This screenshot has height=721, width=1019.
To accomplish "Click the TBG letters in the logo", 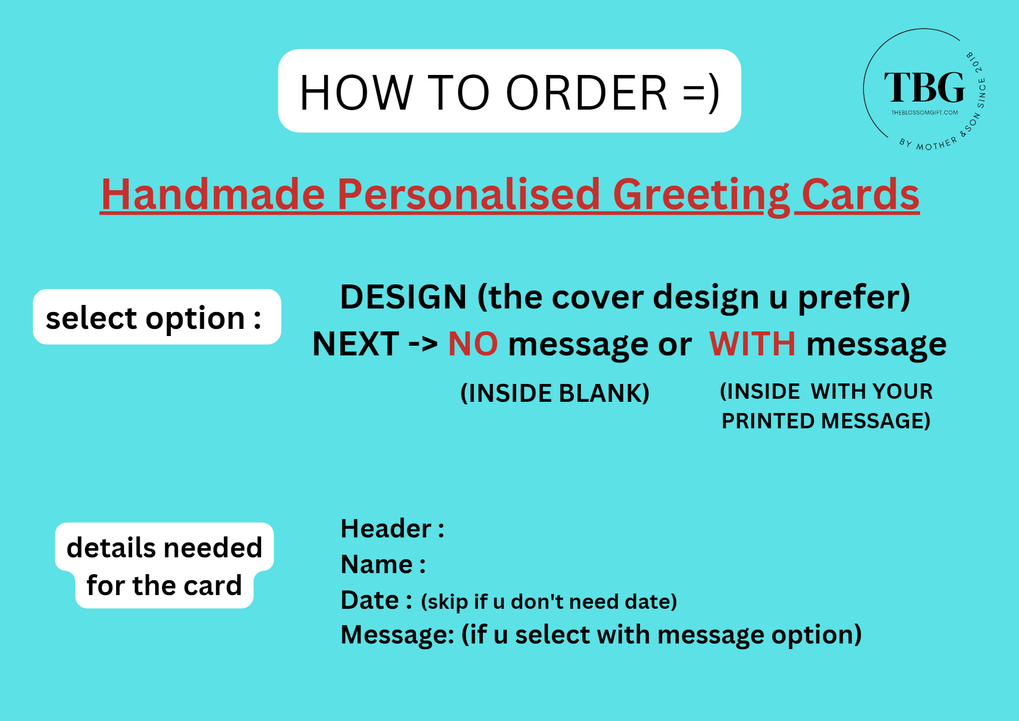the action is pyautogui.click(x=924, y=87).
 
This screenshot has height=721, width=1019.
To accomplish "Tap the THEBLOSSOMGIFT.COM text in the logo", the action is pyautogui.click(x=924, y=113).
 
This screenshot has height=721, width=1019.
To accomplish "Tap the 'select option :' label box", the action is pyautogui.click(x=157, y=317).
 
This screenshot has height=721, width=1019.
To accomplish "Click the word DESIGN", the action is pyautogui.click(x=403, y=297).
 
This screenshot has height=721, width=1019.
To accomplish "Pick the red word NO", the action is pyautogui.click(x=473, y=344).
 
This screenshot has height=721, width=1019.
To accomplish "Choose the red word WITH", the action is pyautogui.click(x=752, y=344).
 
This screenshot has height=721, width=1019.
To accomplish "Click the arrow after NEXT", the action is pyautogui.click(x=423, y=344).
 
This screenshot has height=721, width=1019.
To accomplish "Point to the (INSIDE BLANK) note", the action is pyautogui.click(x=555, y=393).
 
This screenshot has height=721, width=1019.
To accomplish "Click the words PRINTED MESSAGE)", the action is pyautogui.click(x=826, y=421).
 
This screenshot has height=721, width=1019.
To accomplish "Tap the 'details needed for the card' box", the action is pyautogui.click(x=164, y=565).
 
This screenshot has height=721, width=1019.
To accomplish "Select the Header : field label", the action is pyautogui.click(x=393, y=528).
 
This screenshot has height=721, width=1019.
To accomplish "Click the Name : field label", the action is pyautogui.click(x=383, y=564).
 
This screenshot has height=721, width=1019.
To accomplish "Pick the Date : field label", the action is pyautogui.click(x=377, y=600).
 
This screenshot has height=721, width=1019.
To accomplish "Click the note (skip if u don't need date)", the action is pyautogui.click(x=549, y=602).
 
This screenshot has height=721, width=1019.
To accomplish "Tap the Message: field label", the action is pyautogui.click(x=398, y=635).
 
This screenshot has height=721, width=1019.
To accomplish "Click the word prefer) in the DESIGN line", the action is pyautogui.click(x=854, y=298).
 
